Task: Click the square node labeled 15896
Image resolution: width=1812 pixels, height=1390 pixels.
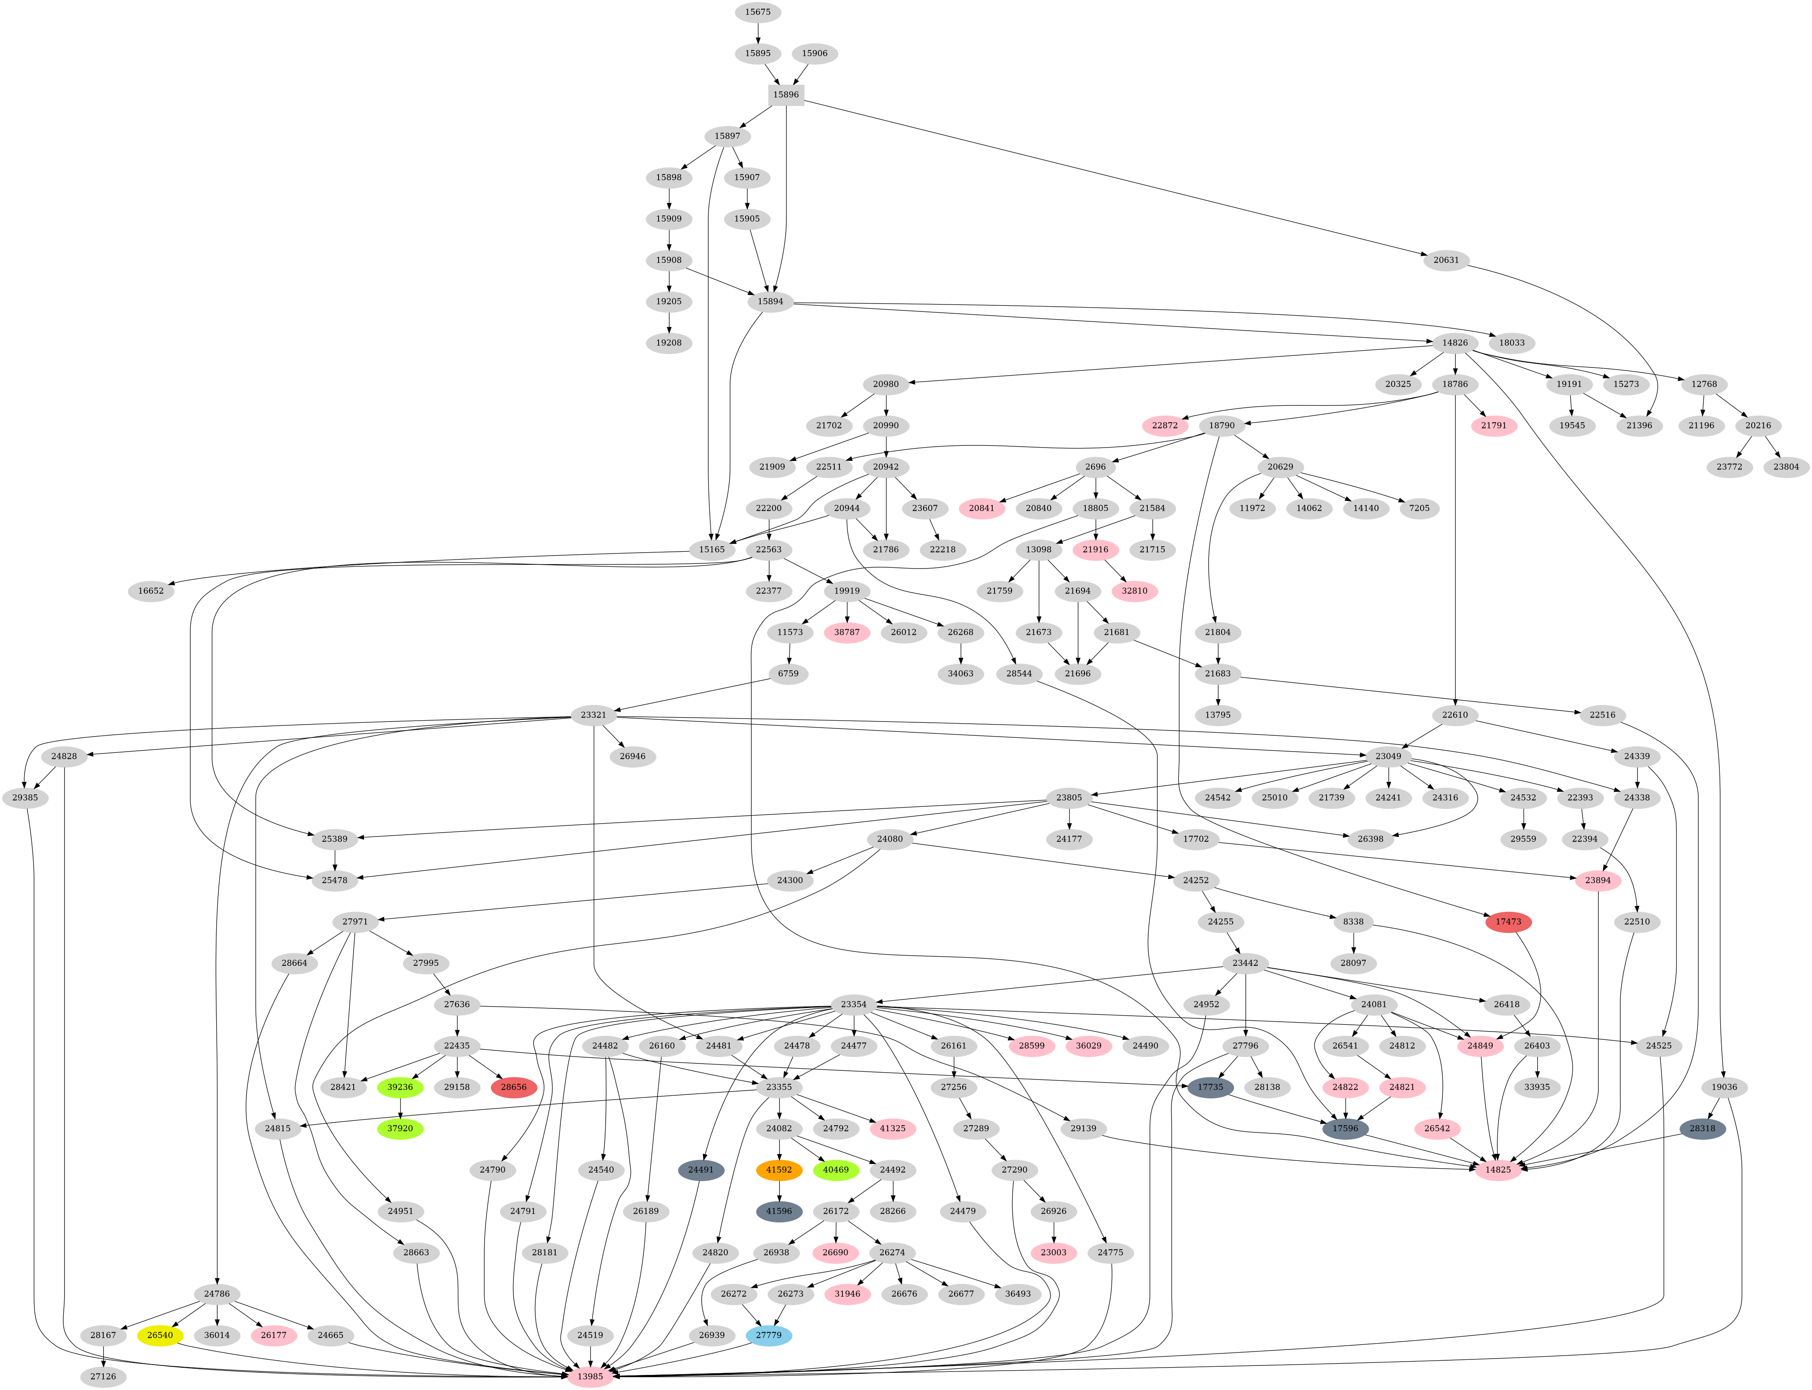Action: click(x=786, y=94)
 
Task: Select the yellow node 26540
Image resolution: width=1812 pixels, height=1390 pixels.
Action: click(x=160, y=1335)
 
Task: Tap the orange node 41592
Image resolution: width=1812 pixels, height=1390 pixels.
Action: click(x=779, y=1170)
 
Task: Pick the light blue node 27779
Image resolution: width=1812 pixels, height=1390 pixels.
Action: click(x=769, y=1335)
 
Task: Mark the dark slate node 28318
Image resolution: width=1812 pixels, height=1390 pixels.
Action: click(x=1702, y=1129)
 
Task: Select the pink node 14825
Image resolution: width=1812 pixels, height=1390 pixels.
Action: click(x=1498, y=1170)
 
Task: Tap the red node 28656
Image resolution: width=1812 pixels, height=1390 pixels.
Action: click(x=514, y=1087)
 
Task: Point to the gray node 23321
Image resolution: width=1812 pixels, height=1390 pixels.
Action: click(x=593, y=715)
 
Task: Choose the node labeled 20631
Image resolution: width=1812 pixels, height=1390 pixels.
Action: click(x=1446, y=260)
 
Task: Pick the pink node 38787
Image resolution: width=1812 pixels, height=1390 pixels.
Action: click(x=846, y=632)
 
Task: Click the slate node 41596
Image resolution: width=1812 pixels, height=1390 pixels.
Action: click(x=779, y=1211)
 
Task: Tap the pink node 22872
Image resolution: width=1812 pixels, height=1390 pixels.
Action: click(x=1164, y=425)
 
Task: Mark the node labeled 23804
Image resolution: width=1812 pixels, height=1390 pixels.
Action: click(x=1786, y=466)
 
